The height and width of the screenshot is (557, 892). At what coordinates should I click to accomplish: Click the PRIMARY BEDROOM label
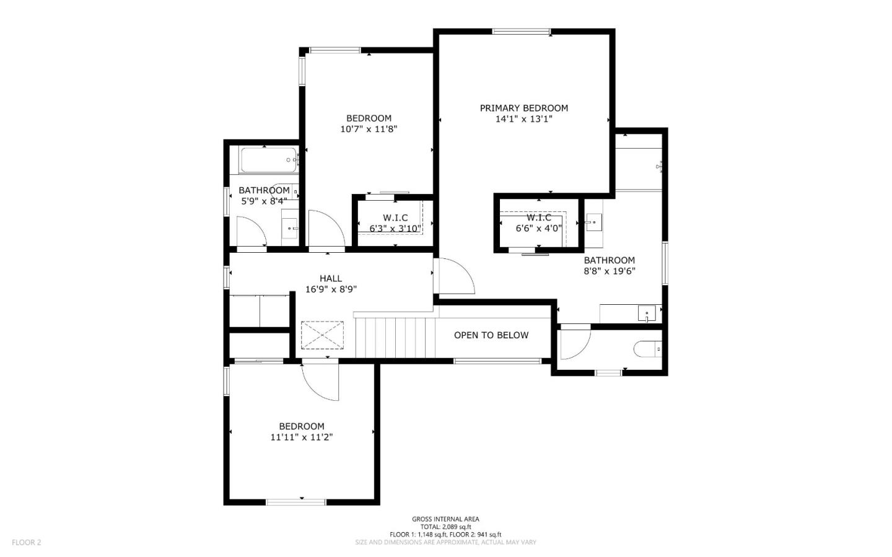pos(523,108)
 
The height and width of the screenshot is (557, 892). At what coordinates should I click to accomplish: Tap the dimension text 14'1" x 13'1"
pos(523,119)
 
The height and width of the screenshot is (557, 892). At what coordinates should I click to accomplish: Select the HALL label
pos(331,278)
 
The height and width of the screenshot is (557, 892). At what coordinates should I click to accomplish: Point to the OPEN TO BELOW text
pos(491,335)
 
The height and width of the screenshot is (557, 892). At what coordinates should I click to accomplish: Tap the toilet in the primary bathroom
pos(648,349)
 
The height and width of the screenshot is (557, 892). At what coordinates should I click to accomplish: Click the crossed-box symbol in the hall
pos(322,335)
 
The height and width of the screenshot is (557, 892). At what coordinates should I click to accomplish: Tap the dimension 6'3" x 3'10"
pos(395,229)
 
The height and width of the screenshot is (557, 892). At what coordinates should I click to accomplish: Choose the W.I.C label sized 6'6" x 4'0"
pos(539,217)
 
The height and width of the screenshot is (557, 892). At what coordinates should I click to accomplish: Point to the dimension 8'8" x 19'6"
pos(610,271)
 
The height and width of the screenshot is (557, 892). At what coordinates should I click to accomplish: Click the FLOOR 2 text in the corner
pos(26,542)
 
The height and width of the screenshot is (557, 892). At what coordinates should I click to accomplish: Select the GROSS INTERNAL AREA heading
pos(445,519)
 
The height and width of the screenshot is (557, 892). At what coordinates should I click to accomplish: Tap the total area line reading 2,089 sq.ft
pos(445,527)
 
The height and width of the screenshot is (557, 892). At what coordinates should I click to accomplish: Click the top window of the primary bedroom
pos(521,32)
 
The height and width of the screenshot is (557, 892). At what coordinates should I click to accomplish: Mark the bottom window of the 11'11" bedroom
pos(295,501)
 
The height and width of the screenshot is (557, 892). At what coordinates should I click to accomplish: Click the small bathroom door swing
pos(252,232)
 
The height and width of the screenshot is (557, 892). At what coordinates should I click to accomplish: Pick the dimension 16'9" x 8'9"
pos(331,289)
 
